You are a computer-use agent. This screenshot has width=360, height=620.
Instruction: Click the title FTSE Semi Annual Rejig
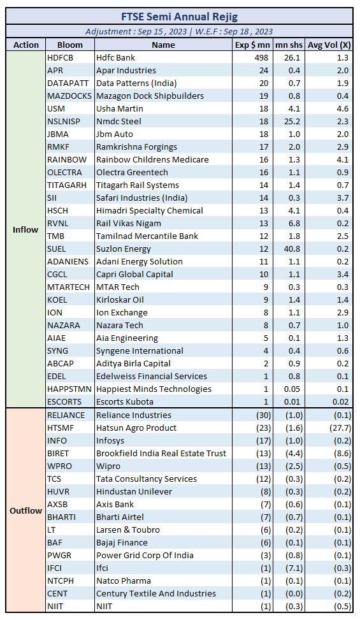179,17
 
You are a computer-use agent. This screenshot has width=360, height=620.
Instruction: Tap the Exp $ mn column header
252,45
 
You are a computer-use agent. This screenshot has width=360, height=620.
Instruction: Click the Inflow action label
25,230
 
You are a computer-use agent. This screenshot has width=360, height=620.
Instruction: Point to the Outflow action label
25,510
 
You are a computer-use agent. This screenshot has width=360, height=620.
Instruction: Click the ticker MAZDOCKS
69,96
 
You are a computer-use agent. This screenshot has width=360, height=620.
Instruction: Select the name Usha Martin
120,108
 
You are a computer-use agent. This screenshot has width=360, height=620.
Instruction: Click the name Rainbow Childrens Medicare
152,159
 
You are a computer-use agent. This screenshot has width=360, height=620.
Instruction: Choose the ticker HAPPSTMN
69,389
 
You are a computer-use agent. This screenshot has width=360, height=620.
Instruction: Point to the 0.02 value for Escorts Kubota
340,401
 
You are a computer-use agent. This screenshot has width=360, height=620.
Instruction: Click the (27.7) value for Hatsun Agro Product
340,428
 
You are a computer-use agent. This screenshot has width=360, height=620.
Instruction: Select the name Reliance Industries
134,415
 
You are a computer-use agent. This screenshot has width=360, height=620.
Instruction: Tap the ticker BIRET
58,453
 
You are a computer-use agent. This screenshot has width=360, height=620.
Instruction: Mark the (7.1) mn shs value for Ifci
294,568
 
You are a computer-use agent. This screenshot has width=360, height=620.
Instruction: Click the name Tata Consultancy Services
147,479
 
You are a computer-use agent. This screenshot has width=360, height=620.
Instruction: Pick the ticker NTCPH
61,581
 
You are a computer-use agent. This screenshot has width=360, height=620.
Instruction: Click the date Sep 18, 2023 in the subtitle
248,32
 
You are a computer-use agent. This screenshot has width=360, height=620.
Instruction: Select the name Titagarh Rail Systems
138,185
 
